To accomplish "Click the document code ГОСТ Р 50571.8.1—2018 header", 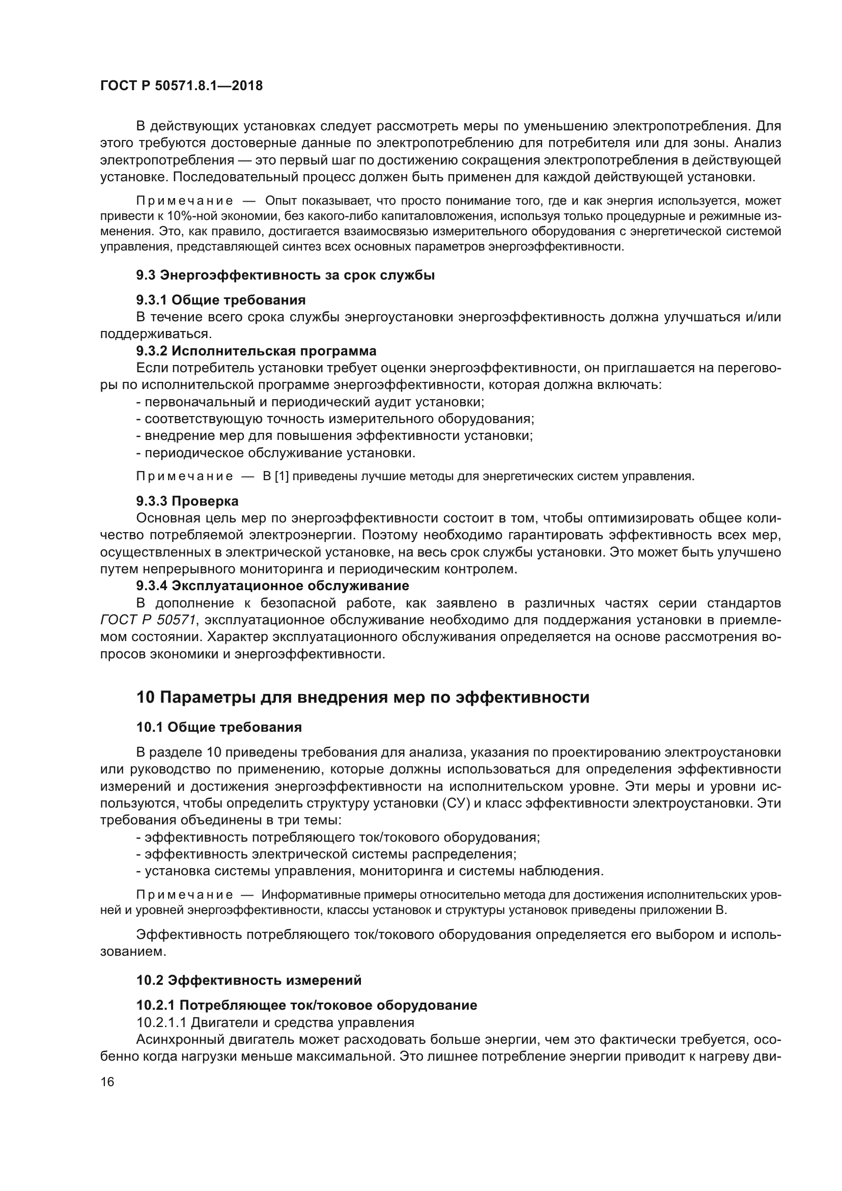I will pos(181,86).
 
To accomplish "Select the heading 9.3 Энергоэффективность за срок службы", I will pos(285,275).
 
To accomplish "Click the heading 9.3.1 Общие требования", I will pos(221,300).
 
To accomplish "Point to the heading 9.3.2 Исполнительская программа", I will pos(256,351).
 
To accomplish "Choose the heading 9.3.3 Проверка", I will pos(187,501).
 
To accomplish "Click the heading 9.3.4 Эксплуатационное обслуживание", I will pos(273,586).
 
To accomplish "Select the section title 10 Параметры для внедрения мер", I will pos(362,697).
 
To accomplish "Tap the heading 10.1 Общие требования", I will pos(219,727).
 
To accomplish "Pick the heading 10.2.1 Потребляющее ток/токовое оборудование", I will pos(306,1005).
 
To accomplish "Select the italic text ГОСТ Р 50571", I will pos(148,620).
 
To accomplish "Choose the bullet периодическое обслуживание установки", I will pos(276,453).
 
